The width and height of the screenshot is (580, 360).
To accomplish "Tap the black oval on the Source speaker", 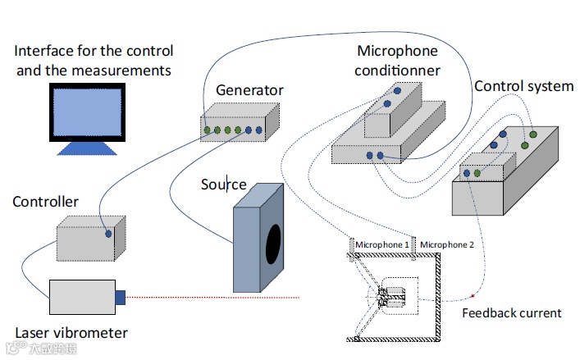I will (272, 245).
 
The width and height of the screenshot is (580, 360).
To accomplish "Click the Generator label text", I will (249, 90).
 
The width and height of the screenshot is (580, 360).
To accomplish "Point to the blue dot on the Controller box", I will (108, 234).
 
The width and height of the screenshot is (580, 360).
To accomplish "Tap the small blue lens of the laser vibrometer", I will (120, 297).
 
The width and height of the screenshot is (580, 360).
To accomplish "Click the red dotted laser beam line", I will (213, 296).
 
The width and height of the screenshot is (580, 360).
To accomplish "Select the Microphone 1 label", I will (381, 244).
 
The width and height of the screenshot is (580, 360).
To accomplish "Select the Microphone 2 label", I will (447, 244).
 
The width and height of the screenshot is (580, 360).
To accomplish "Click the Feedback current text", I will (511, 312).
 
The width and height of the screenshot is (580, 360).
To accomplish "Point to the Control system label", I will (523, 87).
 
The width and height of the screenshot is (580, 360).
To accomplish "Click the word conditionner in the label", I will (397, 71).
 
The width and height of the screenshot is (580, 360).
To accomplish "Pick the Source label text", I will (223, 184).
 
